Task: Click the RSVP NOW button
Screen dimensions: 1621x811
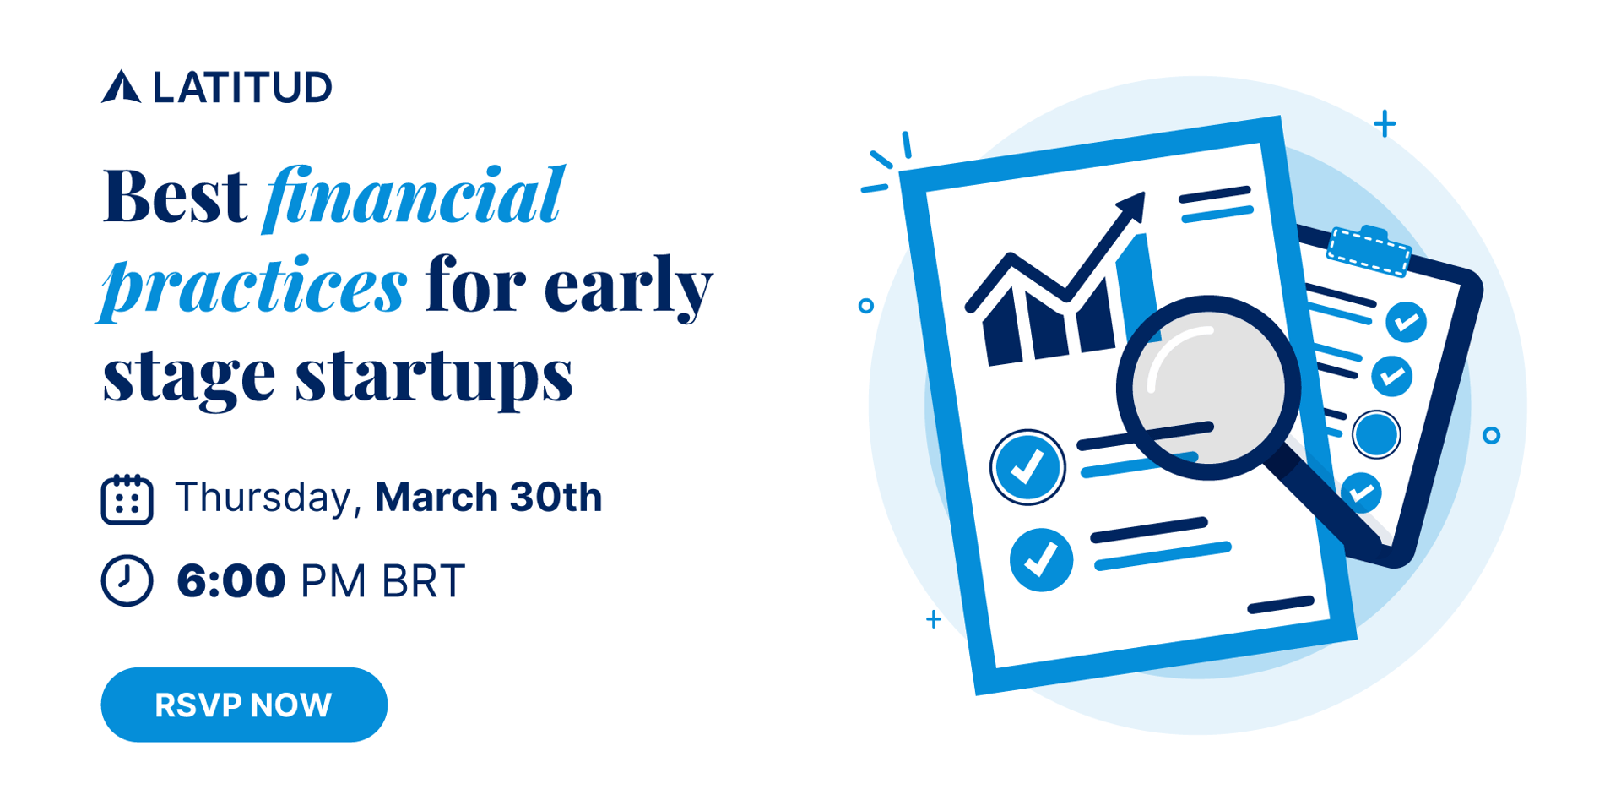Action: point(244,705)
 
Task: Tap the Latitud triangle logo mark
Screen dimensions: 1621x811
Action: point(122,87)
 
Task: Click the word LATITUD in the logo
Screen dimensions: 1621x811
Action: point(243,88)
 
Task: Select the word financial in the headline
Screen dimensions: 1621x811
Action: point(413,198)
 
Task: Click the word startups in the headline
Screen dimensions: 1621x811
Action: point(434,376)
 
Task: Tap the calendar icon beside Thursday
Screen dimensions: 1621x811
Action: point(127,499)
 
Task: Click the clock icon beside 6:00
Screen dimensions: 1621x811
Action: point(127,580)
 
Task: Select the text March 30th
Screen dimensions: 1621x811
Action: point(488,497)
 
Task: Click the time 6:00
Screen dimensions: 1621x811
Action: point(230,581)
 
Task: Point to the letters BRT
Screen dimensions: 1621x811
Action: point(423,581)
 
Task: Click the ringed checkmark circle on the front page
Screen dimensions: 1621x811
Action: point(1027,467)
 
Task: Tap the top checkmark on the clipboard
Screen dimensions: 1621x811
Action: point(1406,322)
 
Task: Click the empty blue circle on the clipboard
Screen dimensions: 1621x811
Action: point(1376,434)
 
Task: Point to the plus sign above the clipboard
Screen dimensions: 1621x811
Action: point(1385,124)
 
